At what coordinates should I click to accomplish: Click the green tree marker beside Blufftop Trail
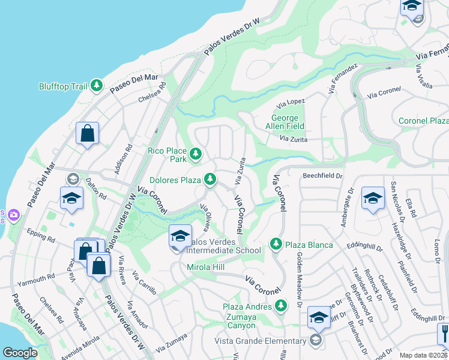(96, 86)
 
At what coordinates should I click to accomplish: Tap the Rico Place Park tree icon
(195, 155)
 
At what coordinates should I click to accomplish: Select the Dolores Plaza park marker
(209, 179)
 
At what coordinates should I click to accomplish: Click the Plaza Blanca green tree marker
(276, 243)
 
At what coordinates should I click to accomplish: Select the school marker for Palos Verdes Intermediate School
(180, 236)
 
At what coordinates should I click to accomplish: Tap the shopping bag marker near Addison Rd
(87, 134)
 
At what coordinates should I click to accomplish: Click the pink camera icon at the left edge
(13, 214)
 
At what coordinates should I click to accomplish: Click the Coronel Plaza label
(423, 121)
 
